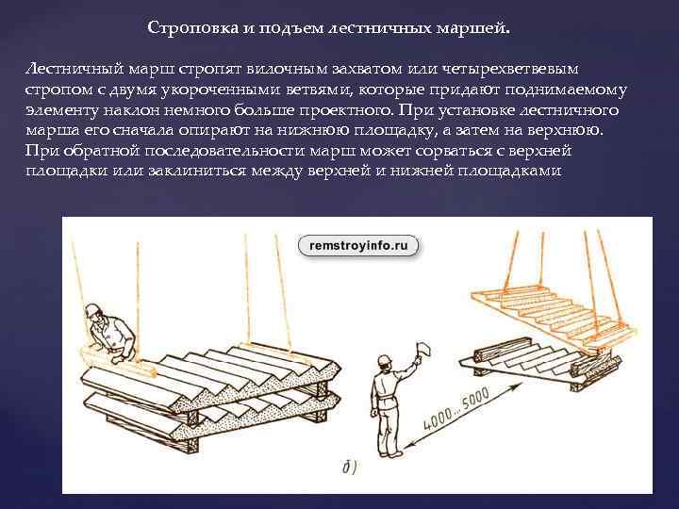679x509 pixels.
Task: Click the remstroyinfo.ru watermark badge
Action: coord(358,246)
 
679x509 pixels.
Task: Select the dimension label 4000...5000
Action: coord(456,409)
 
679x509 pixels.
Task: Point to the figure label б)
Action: coord(350,468)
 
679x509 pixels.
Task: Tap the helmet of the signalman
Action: coord(383,360)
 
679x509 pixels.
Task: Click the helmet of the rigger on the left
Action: coord(91,310)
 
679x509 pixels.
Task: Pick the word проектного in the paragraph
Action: coord(345,110)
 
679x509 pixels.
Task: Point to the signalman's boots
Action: coord(389,452)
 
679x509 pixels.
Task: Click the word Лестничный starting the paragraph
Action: coord(75,69)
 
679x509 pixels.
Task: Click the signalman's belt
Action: coord(384,397)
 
